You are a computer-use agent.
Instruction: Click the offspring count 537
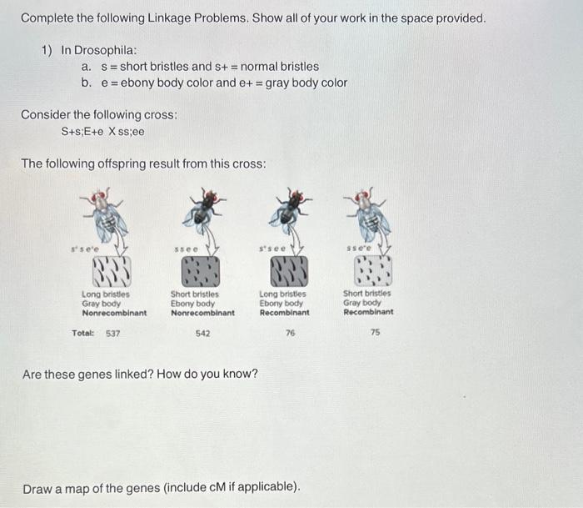[x=112, y=333]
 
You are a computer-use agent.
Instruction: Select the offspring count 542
[x=202, y=333]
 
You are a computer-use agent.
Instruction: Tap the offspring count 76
[x=290, y=333]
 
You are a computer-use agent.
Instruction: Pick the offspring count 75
[x=375, y=333]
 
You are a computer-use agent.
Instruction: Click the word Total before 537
[x=82, y=333]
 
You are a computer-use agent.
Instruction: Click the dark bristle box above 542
[x=201, y=271]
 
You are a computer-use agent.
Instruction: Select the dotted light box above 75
[x=371, y=270]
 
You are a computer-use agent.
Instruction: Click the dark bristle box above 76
[x=285, y=271]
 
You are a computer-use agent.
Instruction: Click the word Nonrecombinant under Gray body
[x=114, y=313]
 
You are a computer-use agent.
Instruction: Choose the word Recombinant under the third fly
[x=284, y=313]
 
